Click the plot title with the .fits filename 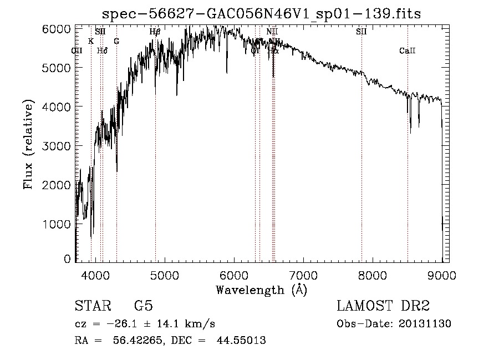(x=262, y=14)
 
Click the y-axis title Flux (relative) (x=28, y=145)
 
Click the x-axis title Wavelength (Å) (x=261, y=290)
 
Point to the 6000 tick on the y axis (x=56, y=29)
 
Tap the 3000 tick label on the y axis (x=56, y=145)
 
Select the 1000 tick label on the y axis (x=56, y=224)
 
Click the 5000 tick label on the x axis (x=165, y=275)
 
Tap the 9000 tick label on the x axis (x=441, y=275)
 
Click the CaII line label (x=408, y=51)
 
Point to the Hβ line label (x=155, y=32)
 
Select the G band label (x=116, y=41)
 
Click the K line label (x=91, y=41)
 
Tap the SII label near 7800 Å (x=361, y=32)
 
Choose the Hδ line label (x=102, y=51)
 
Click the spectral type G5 (x=144, y=306)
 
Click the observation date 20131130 (x=425, y=324)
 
